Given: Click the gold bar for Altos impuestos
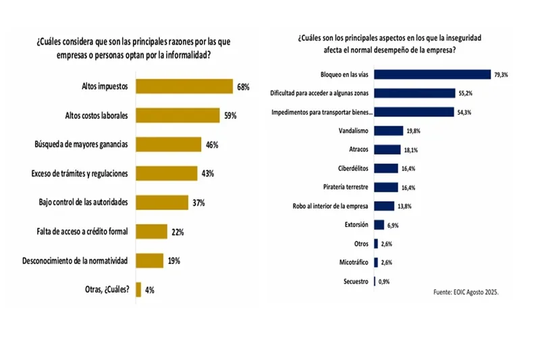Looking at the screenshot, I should [184, 86].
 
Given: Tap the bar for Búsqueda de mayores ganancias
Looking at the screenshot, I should [169, 145].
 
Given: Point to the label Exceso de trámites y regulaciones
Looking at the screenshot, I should [80, 174].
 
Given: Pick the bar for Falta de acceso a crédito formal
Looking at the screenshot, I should [151, 232].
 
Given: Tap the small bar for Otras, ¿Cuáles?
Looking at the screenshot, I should [138, 290].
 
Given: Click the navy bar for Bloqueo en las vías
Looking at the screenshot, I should [432, 75].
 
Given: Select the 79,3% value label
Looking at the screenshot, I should [501, 75].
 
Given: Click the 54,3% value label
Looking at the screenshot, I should [464, 112].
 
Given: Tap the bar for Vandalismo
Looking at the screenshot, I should [388, 131].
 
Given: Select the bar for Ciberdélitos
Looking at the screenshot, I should [385, 168].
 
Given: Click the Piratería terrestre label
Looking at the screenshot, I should [347, 187].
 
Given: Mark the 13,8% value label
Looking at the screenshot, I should [404, 206].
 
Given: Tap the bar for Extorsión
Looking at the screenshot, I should [379, 224].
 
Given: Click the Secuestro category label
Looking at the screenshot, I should [354, 281].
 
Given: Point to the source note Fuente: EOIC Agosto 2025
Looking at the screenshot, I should [471, 292].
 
